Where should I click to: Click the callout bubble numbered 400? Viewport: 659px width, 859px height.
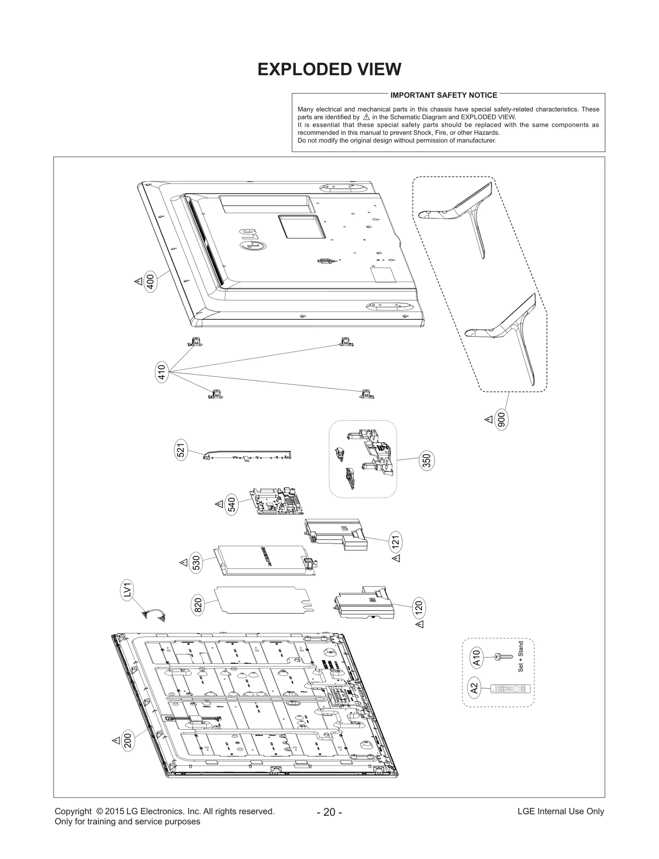[x=151, y=283]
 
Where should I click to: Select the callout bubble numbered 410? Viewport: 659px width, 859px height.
[x=162, y=372]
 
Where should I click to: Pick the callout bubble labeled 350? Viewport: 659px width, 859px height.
[x=427, y=461]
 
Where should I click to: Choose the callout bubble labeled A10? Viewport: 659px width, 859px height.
[x=476, y=658]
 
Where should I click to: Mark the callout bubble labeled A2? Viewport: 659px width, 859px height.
[x=474, y=688]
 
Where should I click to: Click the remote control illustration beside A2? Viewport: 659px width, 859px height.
[x=510, y=689]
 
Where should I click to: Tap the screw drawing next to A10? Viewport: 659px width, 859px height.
[x=503, y=656]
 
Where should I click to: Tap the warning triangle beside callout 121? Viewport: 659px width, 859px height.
[x=396, y=558]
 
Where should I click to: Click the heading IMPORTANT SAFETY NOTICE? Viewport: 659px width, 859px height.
[x=444, y=95]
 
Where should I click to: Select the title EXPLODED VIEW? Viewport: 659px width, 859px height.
[x=329, y=69]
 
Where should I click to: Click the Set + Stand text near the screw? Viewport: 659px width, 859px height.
[x=521, y=657]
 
